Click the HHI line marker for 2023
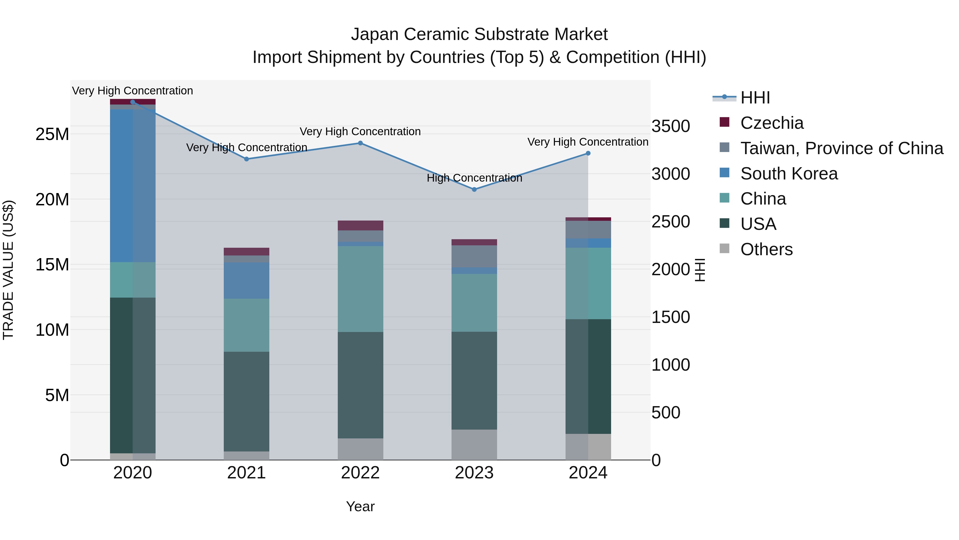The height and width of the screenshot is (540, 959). [474, 190]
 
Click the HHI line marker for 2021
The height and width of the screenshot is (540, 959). [246, 159]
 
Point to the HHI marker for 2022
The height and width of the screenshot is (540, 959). [360, 143]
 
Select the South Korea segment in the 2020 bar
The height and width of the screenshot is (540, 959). [133, 186]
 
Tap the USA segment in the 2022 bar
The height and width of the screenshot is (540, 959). [360, 385]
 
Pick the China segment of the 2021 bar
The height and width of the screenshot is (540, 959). [246, 325]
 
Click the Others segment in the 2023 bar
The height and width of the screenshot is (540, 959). [474, 445]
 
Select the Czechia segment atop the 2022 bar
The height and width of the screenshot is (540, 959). [360, 225]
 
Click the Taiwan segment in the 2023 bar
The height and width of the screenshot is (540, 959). [474, 256]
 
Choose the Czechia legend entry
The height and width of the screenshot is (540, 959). [771, 123]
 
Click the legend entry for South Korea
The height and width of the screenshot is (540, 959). [789, 174]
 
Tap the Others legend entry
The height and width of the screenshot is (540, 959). [766, 249]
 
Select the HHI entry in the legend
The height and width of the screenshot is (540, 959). [755, 98]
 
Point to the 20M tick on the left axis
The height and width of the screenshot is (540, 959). [52, 200]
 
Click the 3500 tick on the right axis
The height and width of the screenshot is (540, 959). [671, 126]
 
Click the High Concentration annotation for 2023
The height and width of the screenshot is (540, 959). [474, 178]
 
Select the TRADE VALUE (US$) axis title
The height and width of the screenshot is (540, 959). [8, 270]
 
